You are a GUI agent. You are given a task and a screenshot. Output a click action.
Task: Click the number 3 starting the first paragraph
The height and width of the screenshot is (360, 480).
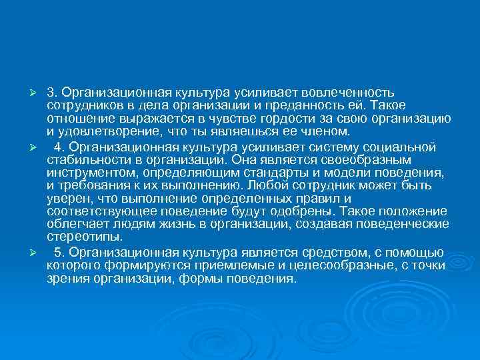[51, 91]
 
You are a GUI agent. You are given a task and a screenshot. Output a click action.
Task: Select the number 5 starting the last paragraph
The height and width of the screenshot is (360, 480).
[59, 253]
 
